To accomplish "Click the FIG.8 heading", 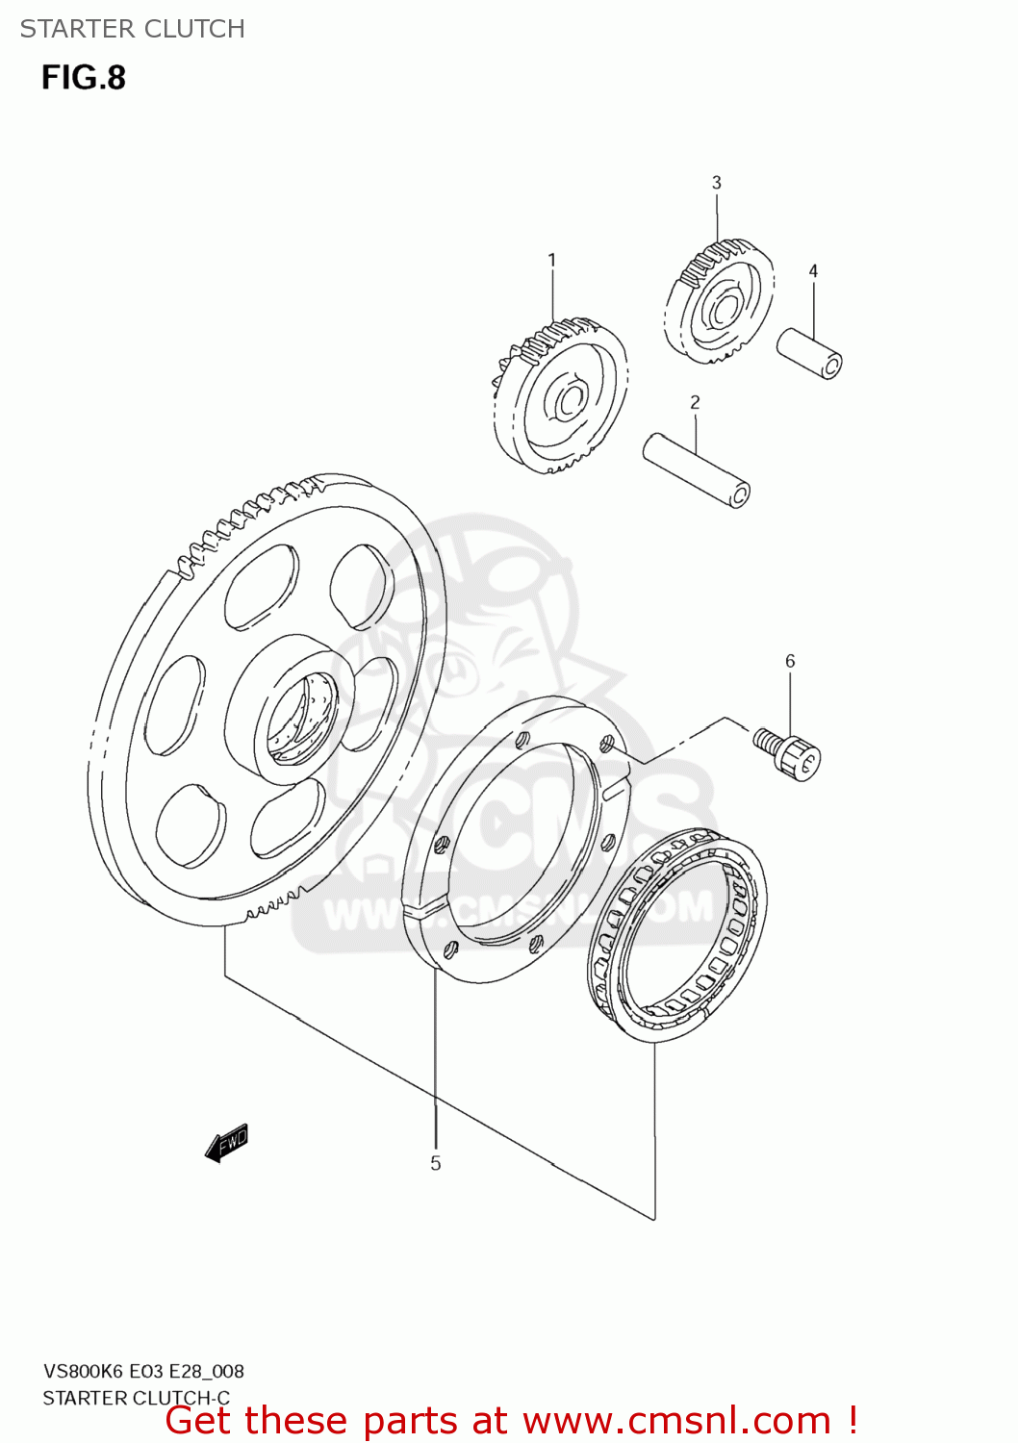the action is [84, 78].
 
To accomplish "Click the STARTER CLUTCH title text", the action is [133, 29].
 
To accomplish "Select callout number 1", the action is [551, 260].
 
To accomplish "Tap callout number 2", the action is [695, 402].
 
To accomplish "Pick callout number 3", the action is [716, 183].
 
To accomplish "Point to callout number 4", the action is [813, 271].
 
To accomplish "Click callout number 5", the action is [435, 1164].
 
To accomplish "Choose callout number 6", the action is [790, 661].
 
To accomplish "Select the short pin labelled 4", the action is [809, 353].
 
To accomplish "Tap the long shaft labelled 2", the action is [696, 469].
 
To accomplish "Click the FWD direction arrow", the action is [227, 1142].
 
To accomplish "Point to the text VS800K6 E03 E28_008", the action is [143, 1371].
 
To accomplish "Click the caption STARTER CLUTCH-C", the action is [137, 1398].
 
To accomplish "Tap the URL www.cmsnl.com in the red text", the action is [676, 1420].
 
